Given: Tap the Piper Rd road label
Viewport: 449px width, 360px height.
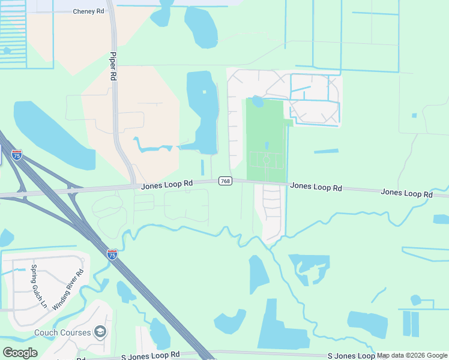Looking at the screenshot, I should [112, 66].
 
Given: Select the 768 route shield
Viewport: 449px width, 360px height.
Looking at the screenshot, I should [225, 181].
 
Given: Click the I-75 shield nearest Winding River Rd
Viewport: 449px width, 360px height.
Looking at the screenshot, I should [112, 254].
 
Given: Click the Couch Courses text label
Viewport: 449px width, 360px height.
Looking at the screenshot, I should [62, 332].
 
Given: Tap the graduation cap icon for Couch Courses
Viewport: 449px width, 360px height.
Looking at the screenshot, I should [100, 332].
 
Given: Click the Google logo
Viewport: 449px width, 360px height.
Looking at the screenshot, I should [20, 352].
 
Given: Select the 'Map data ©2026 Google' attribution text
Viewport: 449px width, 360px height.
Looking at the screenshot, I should [412, 356].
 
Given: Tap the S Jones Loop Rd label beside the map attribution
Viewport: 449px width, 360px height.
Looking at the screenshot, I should [351, 356].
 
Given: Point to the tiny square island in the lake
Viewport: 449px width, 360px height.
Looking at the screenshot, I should [204, 92].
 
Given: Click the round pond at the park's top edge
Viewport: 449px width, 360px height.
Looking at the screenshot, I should [257, 102].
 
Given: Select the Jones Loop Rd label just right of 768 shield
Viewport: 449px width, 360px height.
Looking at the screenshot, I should [316, 187].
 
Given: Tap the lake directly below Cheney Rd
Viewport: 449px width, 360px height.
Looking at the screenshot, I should [200, 27].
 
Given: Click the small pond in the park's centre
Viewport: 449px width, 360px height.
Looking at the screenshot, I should [267, 145].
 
